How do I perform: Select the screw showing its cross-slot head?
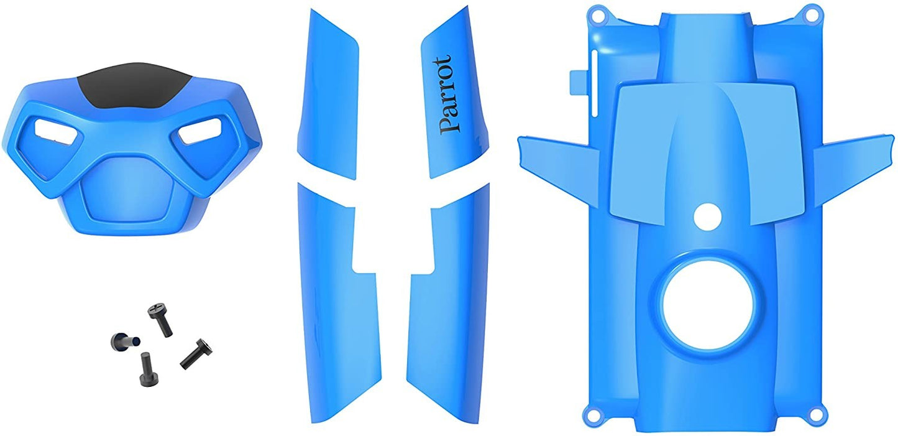click(160, 319)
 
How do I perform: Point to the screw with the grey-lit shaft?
click(125, 341)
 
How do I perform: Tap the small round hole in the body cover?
click(708, 216)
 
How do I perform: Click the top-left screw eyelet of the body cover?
click(598, 16)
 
